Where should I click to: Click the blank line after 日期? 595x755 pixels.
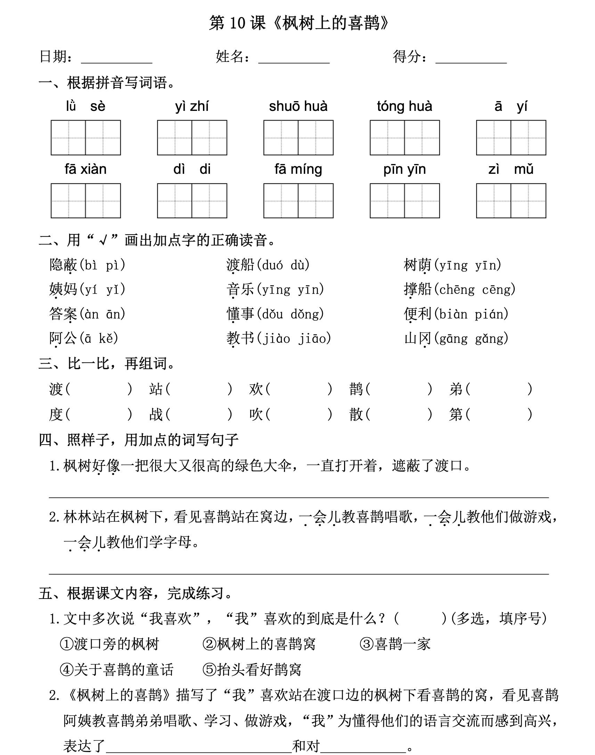pos(116,59)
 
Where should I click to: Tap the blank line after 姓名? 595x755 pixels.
pos(294,59)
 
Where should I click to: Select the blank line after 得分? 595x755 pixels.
pos(471,59)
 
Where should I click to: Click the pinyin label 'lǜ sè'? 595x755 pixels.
pos(85,106)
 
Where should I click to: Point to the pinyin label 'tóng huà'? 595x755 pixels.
pos(405,106)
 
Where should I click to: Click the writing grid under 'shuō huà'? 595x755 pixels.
pos(298,138)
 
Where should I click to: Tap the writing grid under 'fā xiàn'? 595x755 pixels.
pos(86,201)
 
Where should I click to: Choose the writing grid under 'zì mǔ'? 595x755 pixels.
pos(511,201)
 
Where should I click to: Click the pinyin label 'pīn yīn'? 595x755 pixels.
pos(405,169)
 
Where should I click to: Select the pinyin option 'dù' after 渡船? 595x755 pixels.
pos(299,266)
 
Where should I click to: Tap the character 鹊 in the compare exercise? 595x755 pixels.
pos(356,389)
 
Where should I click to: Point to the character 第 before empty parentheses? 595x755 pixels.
pos(456,415)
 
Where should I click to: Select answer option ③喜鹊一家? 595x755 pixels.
pos(395,644)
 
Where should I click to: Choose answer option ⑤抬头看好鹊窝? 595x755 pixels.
pos(252,669)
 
